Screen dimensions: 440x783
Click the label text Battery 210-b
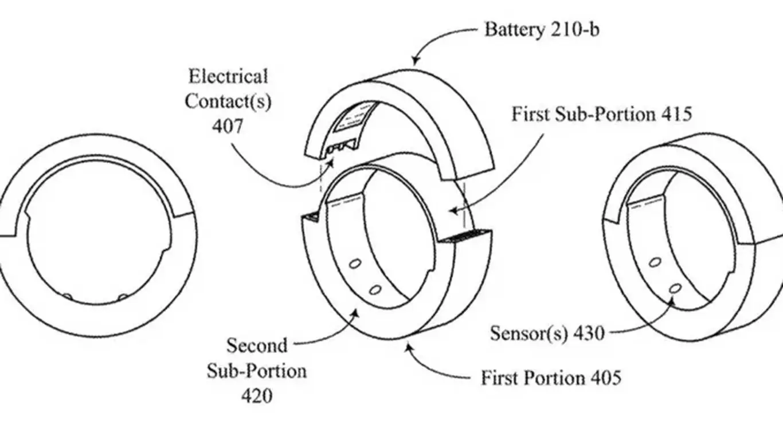pos(541,29)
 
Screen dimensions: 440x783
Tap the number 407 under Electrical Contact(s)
pos(227,126)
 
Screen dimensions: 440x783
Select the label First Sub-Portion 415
pos(601,114)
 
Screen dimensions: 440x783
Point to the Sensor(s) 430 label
pos(547,333)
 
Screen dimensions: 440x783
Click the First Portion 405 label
pos(550,378)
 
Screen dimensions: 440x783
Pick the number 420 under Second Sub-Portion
pos(256,395)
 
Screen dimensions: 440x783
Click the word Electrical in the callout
pos(228,76)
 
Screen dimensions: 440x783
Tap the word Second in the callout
pos(256,345)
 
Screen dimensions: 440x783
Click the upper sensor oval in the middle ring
pos(355,264)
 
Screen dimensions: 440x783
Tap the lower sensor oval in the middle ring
pos(375,289)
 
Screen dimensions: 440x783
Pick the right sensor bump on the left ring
pos(122,296)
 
